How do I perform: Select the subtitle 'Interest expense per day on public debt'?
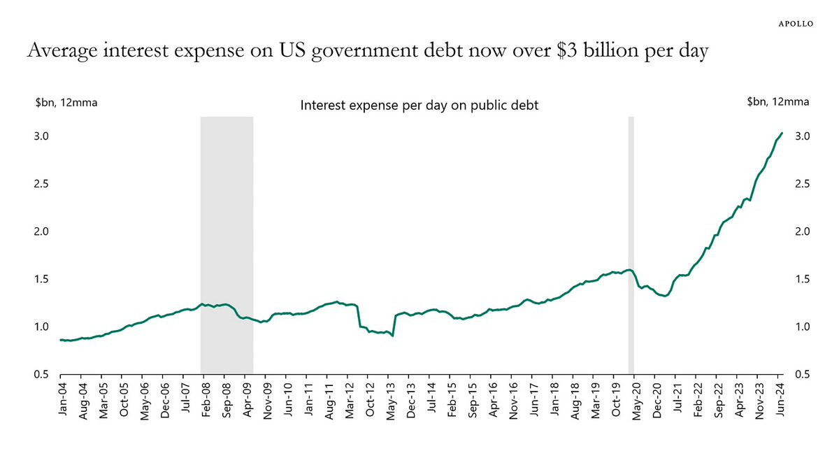click(x=418, y=106)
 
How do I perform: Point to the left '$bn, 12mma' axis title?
click(x=66, y=102)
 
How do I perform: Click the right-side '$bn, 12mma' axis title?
click(x=777, y=102)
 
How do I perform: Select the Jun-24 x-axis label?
click(x=781, y=396)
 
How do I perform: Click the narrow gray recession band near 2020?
click(x=631, y=245)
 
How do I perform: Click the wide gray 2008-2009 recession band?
click(x=227, y=245)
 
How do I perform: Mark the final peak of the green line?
click(x=782, y=133)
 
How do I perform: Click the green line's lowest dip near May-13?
click(x=393, y=336)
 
